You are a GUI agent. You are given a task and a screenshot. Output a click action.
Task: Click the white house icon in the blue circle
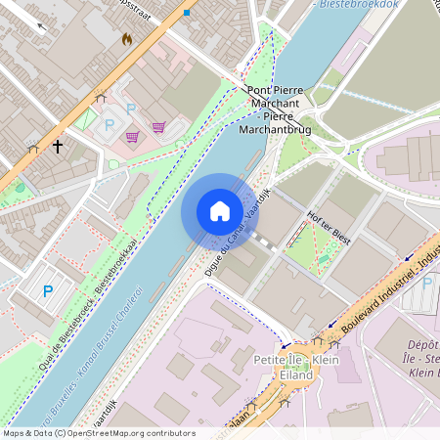click(219, 210)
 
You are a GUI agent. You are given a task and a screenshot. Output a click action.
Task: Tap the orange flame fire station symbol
click(126, 39)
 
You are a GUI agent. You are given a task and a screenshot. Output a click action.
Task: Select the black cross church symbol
click(58, 147)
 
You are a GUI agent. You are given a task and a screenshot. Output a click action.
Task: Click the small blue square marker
click(186, 12)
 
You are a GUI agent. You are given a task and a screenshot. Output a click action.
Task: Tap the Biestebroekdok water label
click(361, 4)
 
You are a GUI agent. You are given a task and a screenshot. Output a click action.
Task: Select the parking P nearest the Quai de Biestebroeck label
click(48, 290)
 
